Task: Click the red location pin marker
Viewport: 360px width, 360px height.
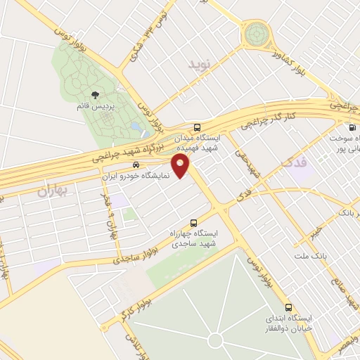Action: pos(183,167)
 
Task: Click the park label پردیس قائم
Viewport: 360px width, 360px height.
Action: pos(94,106)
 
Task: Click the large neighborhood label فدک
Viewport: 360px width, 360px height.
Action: pos(294,162)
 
